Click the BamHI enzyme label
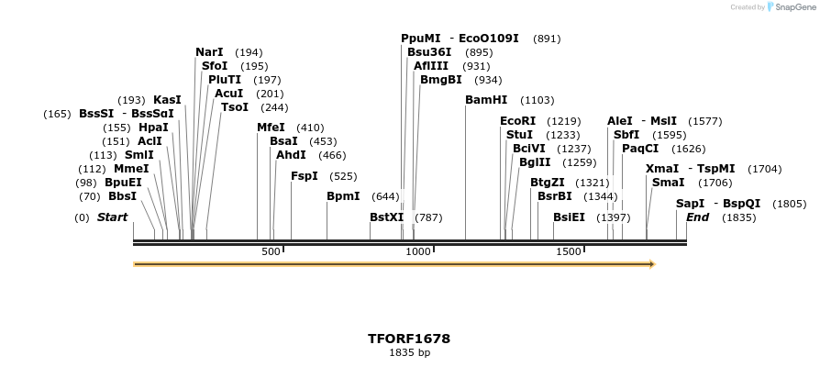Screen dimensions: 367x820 click(x=485, y=100)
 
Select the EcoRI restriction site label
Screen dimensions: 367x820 click(x=517, y=121)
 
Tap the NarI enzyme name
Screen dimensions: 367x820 click(x=209, y=52)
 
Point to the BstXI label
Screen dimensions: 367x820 click(x=386, y=217)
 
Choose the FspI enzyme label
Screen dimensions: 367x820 click(x=304, y=176)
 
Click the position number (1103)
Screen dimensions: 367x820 click(x=537, y=100)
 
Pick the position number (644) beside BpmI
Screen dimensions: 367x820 click(x=385, y=196)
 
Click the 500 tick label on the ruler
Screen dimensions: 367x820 click(x=271, y=251)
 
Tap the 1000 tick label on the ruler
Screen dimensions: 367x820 click(x=417, y=251)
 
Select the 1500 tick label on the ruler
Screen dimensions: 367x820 click(x=569, y=251)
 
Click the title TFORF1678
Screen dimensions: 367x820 click(x=409, y=339)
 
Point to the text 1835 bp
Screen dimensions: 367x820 click(x=409, y=352)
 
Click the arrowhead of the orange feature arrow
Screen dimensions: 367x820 click(x=652, y=264)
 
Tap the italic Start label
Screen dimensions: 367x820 click(x=112, y=217)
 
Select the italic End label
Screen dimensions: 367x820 click(x=697, y=217)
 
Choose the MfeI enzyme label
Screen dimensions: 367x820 click(x=271, y=128)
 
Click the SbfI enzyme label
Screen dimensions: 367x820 click(x=626, y=135)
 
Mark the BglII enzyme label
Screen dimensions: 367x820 click(x=535, y=162)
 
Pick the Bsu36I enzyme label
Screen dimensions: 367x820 click(x=429, y=52)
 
